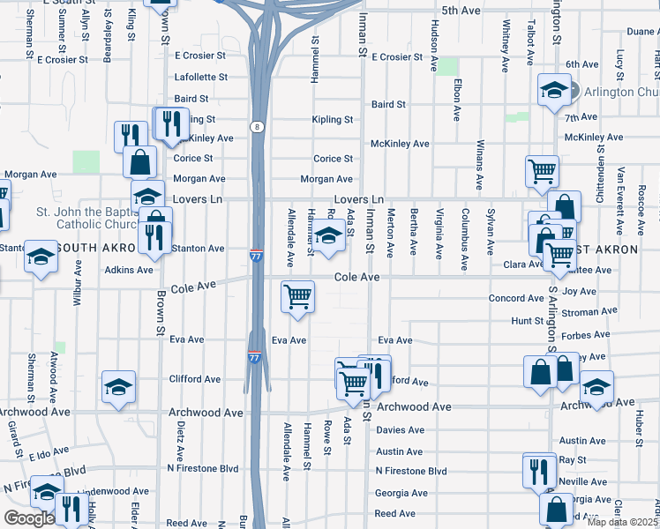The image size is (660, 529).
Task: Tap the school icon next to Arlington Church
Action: click(554, 90)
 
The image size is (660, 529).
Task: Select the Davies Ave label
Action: click(400, 430)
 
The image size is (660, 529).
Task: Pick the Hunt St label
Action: click(527, 322)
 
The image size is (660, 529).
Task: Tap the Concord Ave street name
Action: click(517, 299)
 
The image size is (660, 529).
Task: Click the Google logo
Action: click(28, 518)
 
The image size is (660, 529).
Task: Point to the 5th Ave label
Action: click(461, 11)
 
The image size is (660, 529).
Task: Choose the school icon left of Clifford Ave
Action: click(118, 386)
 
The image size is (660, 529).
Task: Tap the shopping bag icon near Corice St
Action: click(139, 162)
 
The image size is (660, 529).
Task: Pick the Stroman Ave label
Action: click(589, 311)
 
